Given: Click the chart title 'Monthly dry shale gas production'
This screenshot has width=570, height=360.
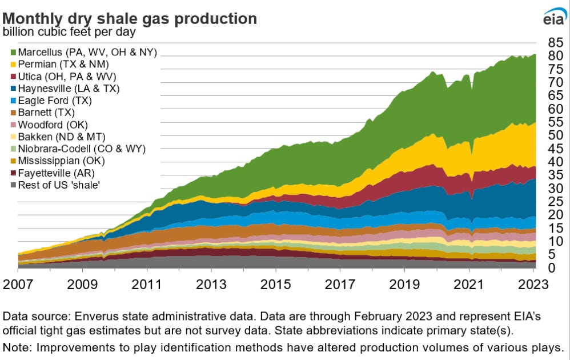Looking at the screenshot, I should click(x=130, y=18).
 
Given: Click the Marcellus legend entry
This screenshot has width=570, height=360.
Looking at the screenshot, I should click(x=86, y=53).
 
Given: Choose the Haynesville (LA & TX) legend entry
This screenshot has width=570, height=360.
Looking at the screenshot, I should click(x=69, y=89).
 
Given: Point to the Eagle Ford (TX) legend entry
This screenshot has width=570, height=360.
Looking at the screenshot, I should click(x=55, y=101).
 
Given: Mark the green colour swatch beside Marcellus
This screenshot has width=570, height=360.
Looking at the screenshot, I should click(x=13, y=53).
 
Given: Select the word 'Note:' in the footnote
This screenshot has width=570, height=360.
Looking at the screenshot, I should click(x=16, y=347).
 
